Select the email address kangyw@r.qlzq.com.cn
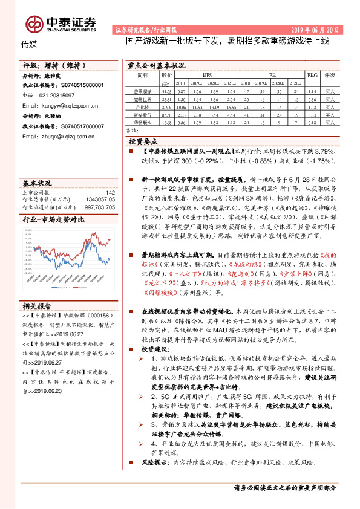68,105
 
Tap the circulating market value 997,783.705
97,206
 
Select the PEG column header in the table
312,75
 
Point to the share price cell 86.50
166,114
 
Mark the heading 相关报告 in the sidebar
37,306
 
